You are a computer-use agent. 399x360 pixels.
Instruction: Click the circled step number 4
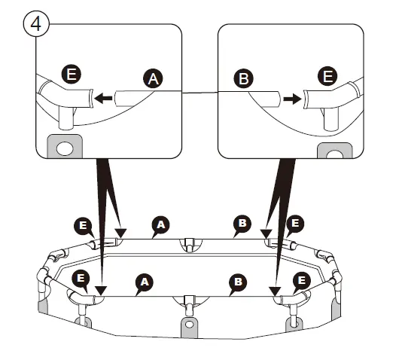[x=36, y=24]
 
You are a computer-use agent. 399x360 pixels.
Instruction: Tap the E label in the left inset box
[x=72, y=74]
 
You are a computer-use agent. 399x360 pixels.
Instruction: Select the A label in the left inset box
[x=153, y=78]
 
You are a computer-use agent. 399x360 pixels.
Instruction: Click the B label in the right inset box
[x=243, y=78]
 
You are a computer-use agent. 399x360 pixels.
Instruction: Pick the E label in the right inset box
[x=327, y=76]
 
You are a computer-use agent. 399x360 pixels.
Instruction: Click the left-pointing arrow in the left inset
[x=103, y=98]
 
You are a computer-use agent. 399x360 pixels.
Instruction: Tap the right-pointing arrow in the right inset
[x=293, y=99]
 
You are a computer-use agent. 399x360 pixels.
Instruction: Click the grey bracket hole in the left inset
[x=65, y=149]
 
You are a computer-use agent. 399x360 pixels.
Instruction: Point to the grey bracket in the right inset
[x=335, y=151]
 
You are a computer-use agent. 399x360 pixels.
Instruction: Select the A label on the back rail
[x=160, y=225]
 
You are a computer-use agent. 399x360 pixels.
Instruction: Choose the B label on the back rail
[x=242, y=224]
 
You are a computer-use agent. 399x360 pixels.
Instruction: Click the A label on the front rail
[x=145, y=282]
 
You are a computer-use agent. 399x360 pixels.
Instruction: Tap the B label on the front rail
[x=238, y=282]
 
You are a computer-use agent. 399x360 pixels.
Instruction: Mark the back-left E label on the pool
[x=83, y=226]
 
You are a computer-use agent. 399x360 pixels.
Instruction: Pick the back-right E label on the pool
[x=295, y=224]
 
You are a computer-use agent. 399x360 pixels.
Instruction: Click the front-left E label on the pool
[x=81, y=278]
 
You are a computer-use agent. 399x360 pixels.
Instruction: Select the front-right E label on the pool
[x=302, y=281]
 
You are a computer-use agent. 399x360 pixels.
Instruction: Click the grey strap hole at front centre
[x=189, y=325]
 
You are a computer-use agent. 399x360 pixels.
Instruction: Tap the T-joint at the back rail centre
[x=189, y=244]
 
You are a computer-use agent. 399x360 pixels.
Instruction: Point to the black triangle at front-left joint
[x=101, y=291]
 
